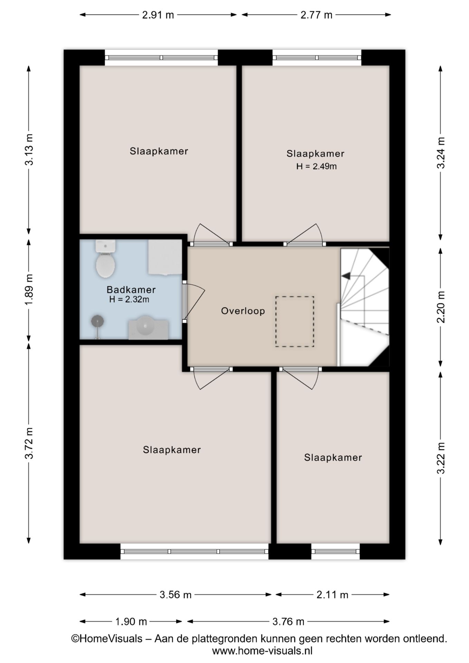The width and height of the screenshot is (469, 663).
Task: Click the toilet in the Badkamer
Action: coord(105,259)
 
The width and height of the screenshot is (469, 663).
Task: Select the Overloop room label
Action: coord(243,311)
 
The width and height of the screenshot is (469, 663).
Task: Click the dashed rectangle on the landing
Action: coord(295,321)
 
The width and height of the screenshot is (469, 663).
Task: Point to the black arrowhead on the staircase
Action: coord(346,276)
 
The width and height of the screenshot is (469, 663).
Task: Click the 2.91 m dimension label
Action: coord(158,15)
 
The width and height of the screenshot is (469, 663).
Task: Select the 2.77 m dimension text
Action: coord(316,15)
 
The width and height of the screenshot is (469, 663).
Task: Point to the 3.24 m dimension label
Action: coord(441,153)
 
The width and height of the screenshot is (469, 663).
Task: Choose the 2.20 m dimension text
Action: coord(441,307)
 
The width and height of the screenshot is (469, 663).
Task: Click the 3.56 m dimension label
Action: coord(175,595)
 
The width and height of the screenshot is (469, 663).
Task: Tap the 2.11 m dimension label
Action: coord(332,595)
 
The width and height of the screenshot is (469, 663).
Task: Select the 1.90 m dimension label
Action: coord(131,622)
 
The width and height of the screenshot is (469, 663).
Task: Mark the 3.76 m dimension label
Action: coord(288,622)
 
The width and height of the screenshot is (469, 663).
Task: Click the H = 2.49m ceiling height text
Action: coord(316,166)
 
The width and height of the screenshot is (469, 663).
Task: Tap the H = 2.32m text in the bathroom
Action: coord(129,299)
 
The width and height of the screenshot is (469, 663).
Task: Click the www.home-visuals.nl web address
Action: coord(262,651)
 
